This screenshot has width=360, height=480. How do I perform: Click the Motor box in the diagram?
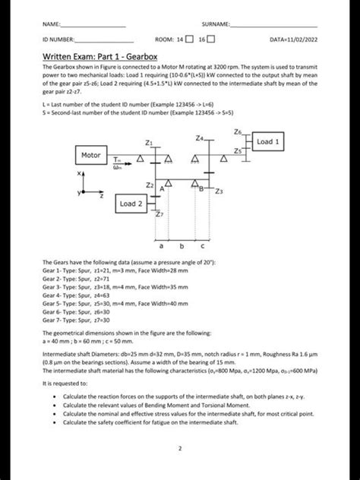tap(92, 155)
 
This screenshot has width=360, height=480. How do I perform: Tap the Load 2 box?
tap(129, 204)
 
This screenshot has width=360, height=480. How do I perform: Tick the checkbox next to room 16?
tap(213, 38)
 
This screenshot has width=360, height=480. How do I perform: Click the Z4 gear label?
tap(199, 137)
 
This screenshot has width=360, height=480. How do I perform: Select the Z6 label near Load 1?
tap(239, 132)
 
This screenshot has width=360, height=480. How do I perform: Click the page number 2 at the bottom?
tap(180, 448)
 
